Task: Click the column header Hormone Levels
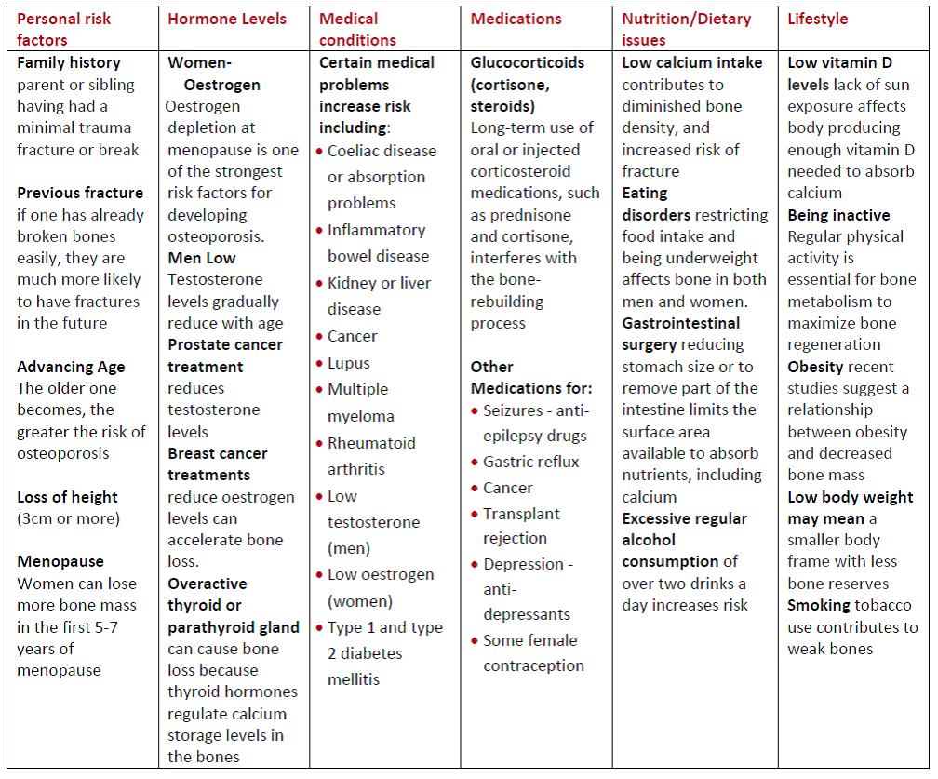click(x=227, y=19)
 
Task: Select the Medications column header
click(x=516, y=19)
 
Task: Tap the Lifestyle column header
click(x=817, y=19)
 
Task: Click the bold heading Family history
click(x=69, y=62)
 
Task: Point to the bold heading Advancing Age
click(x=71, y=367)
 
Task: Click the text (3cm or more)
click(x=68, y=518)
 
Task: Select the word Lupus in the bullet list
click(x=349, y=363)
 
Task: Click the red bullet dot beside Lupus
click(x=320, y=364)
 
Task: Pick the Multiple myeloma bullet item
click(x=359, y=402)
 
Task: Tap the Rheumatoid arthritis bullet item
click(x=370, y=456)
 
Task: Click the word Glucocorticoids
click(x=528, y=62)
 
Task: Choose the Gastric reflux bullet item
click(x=530, y=462)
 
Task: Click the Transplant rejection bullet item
click(x=521, y=526)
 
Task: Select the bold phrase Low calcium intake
click(x=692, y=62)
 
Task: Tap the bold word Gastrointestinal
click(x=681, y=323)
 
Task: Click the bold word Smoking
click(x=819, y=605)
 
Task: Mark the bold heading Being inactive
click(x=838, y=215)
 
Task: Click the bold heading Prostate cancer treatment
click(x=218, y=356)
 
